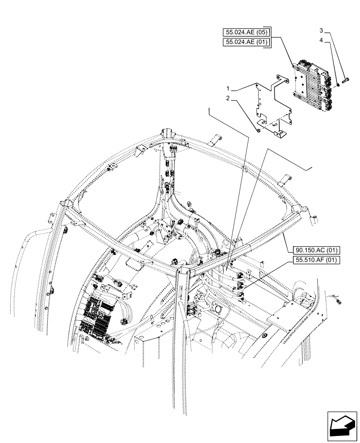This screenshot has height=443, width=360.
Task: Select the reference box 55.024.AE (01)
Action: pos(248,42)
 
